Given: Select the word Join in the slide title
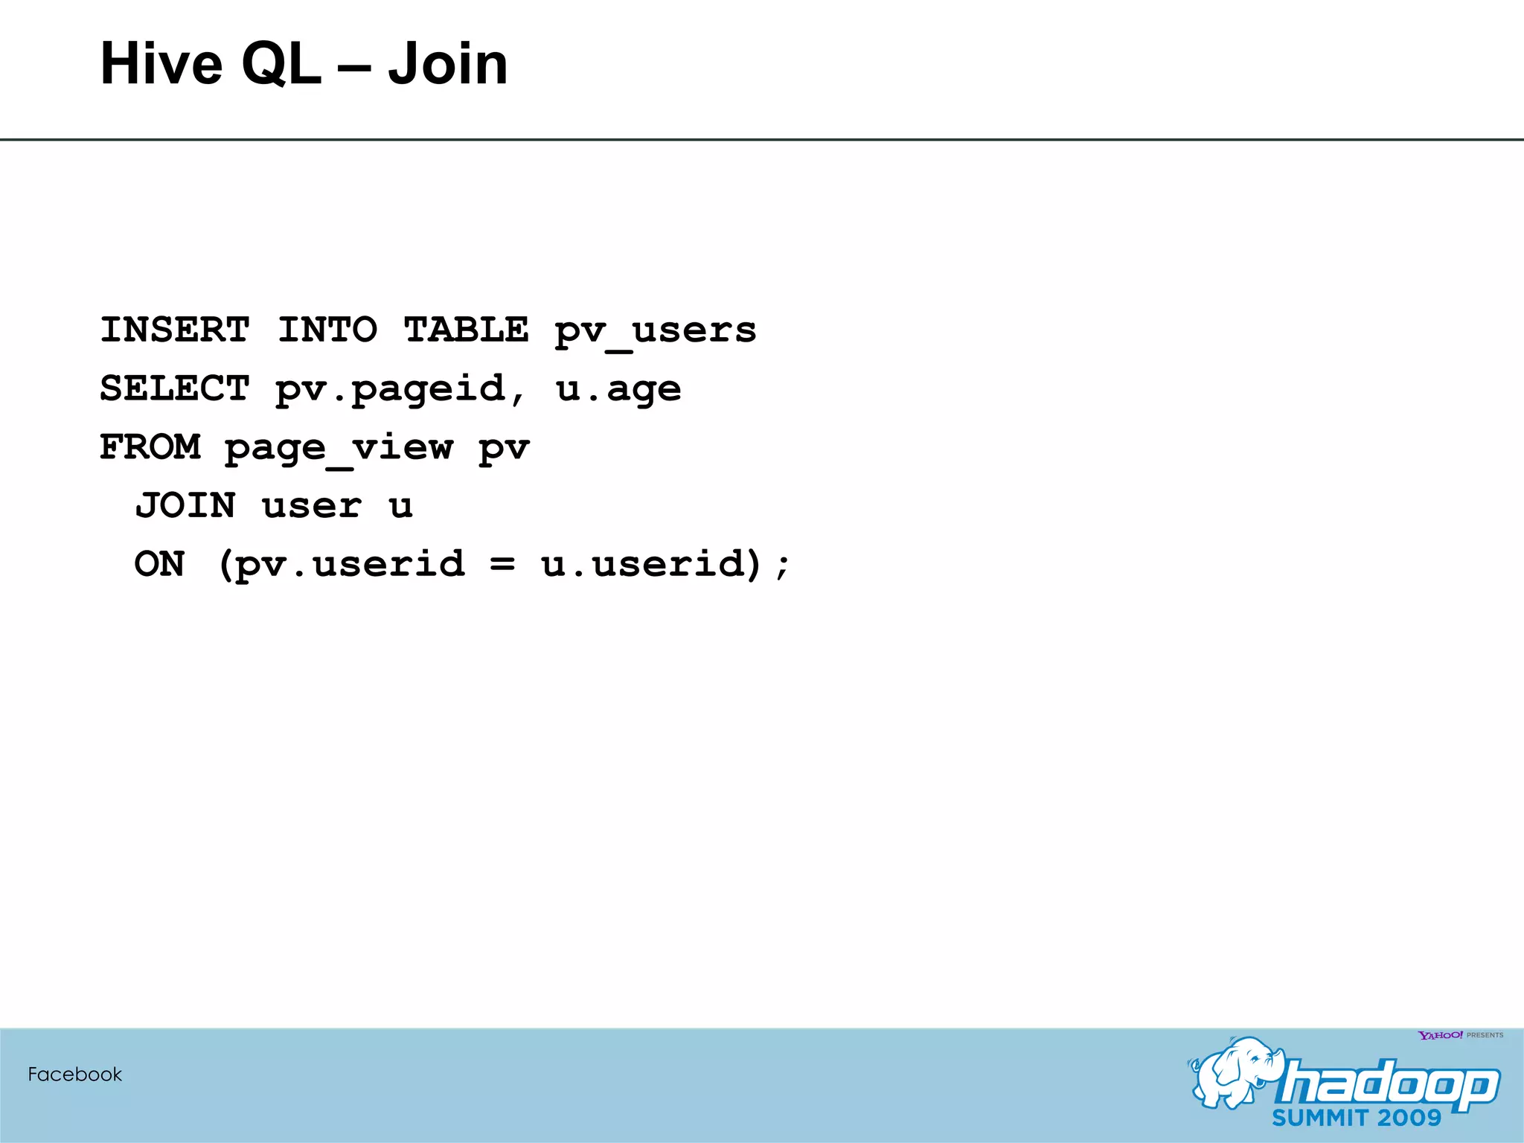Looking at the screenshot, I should click(447, 64).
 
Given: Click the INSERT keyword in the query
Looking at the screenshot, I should click(175, 330).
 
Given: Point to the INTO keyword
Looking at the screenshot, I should click(327, 330).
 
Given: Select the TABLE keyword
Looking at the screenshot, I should click(466, 330).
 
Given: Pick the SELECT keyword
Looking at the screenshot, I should click(175, 388).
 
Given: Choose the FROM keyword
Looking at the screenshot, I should click(150, 447).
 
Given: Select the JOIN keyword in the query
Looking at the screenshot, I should click(186, 506).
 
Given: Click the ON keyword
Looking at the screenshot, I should click(160, 564).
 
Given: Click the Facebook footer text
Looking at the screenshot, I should click(74, 1075).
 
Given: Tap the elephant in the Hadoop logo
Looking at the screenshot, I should click(1232, 1072).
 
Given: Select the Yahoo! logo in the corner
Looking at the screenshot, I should click(1440, 1035).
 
